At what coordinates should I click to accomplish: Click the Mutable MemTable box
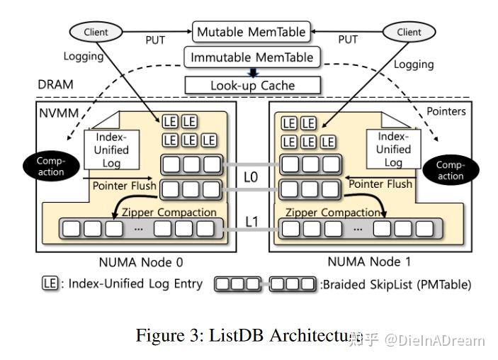tap(251, 32)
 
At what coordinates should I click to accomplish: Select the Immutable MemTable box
tap(251, 58)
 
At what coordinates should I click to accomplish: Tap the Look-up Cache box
tap(252, 85)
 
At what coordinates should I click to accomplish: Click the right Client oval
tap(409, 32)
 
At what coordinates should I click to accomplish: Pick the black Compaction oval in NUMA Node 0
tap(50, 167)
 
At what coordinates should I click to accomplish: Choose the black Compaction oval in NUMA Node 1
tap(451, 170)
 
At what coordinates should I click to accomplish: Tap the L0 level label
tap(250, 177)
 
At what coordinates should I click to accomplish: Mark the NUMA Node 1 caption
tap(370, 261)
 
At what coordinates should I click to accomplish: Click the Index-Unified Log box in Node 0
tap(111, 150)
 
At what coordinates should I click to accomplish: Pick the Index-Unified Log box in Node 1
tap(393, 150)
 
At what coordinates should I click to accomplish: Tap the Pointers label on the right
tap(446, 111)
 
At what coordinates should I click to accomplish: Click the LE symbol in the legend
tap(48, 284)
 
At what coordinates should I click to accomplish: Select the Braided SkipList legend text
tap(395, 284)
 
